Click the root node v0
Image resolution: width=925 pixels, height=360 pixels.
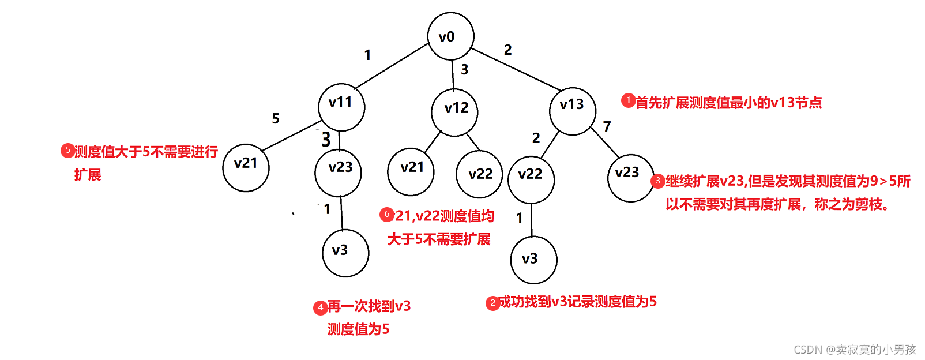450,36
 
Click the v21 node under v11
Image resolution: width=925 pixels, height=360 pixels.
246,168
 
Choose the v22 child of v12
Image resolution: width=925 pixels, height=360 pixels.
479,174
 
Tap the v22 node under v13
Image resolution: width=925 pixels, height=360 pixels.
531,179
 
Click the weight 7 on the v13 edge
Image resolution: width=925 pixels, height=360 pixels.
607,126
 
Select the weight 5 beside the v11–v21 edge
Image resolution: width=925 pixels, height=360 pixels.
276,119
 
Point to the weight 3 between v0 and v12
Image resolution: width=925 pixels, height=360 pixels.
464,70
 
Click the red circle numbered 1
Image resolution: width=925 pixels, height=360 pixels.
628,100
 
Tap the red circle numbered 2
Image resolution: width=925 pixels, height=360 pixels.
492,303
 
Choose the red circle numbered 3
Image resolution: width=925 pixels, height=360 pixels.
658,181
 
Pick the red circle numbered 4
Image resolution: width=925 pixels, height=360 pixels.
321,307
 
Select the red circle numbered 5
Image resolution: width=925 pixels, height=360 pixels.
67,151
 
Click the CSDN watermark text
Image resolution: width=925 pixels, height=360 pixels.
855,350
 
